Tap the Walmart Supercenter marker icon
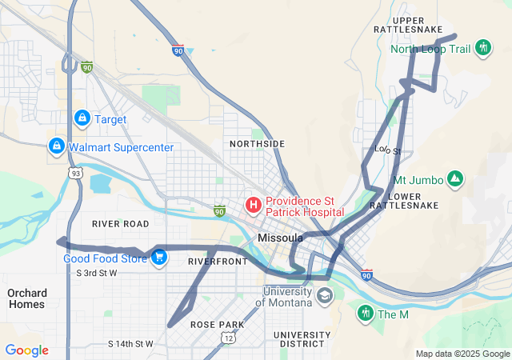[56, 146]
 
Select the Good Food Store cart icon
[159, 258]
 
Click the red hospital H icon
[254, 206]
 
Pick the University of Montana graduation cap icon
[324, 296]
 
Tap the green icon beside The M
[366, 313]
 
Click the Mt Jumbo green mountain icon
[454, 178]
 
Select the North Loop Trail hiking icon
[482, 48]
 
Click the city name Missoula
[281, 238]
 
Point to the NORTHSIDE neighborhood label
[257, 144]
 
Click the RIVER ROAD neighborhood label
[121, 223]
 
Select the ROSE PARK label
[217, 324]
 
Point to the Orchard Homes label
[27, 298]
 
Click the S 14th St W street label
[130, 343]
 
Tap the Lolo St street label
[387, 150]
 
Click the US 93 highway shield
[74, 173]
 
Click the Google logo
[26, 350]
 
